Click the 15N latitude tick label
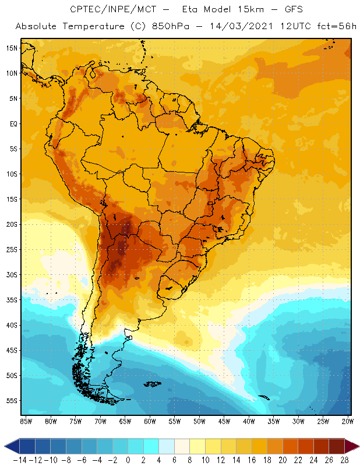pos(11,48)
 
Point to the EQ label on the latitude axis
pos(12,123)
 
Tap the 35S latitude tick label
pos(11,300)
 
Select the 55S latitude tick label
pos(11,401)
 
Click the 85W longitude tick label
pos(26,421)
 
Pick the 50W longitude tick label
pos(200,421)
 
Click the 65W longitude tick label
pos(125,421)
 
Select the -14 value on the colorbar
pos(19,460)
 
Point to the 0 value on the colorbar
pos(128,460)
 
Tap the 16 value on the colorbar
pos(252,460)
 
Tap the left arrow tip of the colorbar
pos(6,446)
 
